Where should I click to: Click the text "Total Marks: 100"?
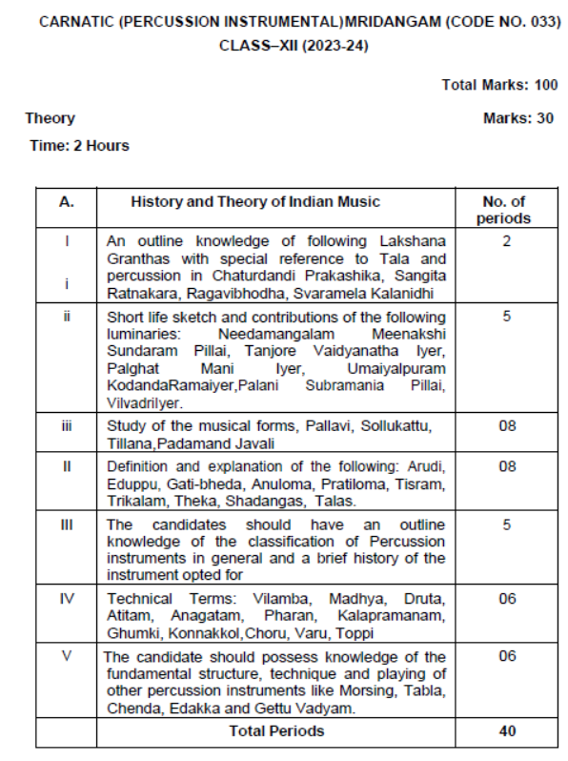(499, 85)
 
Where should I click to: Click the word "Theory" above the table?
(50, 118)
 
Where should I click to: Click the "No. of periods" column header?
(506, 210)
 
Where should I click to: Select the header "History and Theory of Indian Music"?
(254, 202)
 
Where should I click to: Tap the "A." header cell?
(66, 202)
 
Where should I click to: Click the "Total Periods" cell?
(275, 731)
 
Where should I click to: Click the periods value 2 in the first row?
(506, 241)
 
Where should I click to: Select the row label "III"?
(67, 524)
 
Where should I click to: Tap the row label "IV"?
(67, 598)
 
